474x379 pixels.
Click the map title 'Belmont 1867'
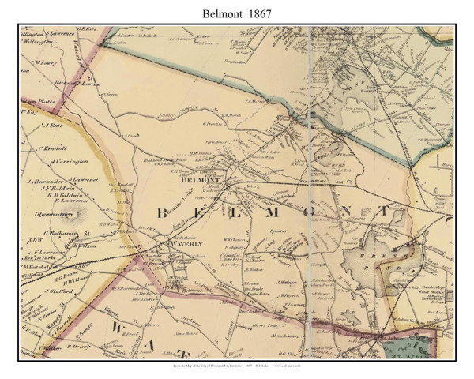click(236, 13)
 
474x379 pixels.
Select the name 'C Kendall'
click(51, 148)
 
